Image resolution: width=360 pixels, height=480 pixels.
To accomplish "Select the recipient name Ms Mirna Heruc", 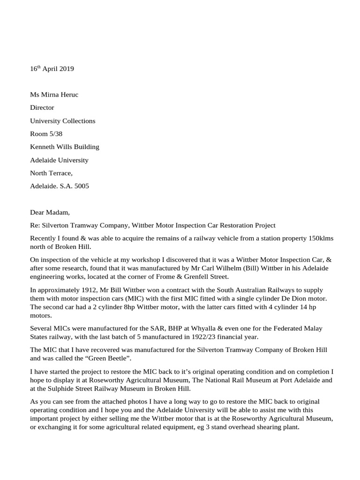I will click(54, 95).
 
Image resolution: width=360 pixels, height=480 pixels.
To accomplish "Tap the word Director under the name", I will click(42, 108).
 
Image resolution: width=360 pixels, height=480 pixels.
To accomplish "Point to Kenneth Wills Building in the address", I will click(65, 147).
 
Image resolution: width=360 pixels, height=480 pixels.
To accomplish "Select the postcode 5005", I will click(81, 186).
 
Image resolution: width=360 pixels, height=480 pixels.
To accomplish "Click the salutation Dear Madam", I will click(49, 212).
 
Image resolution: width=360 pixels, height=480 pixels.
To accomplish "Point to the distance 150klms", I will click(321, 238).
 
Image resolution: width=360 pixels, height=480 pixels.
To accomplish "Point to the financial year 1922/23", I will click(202, 337).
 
